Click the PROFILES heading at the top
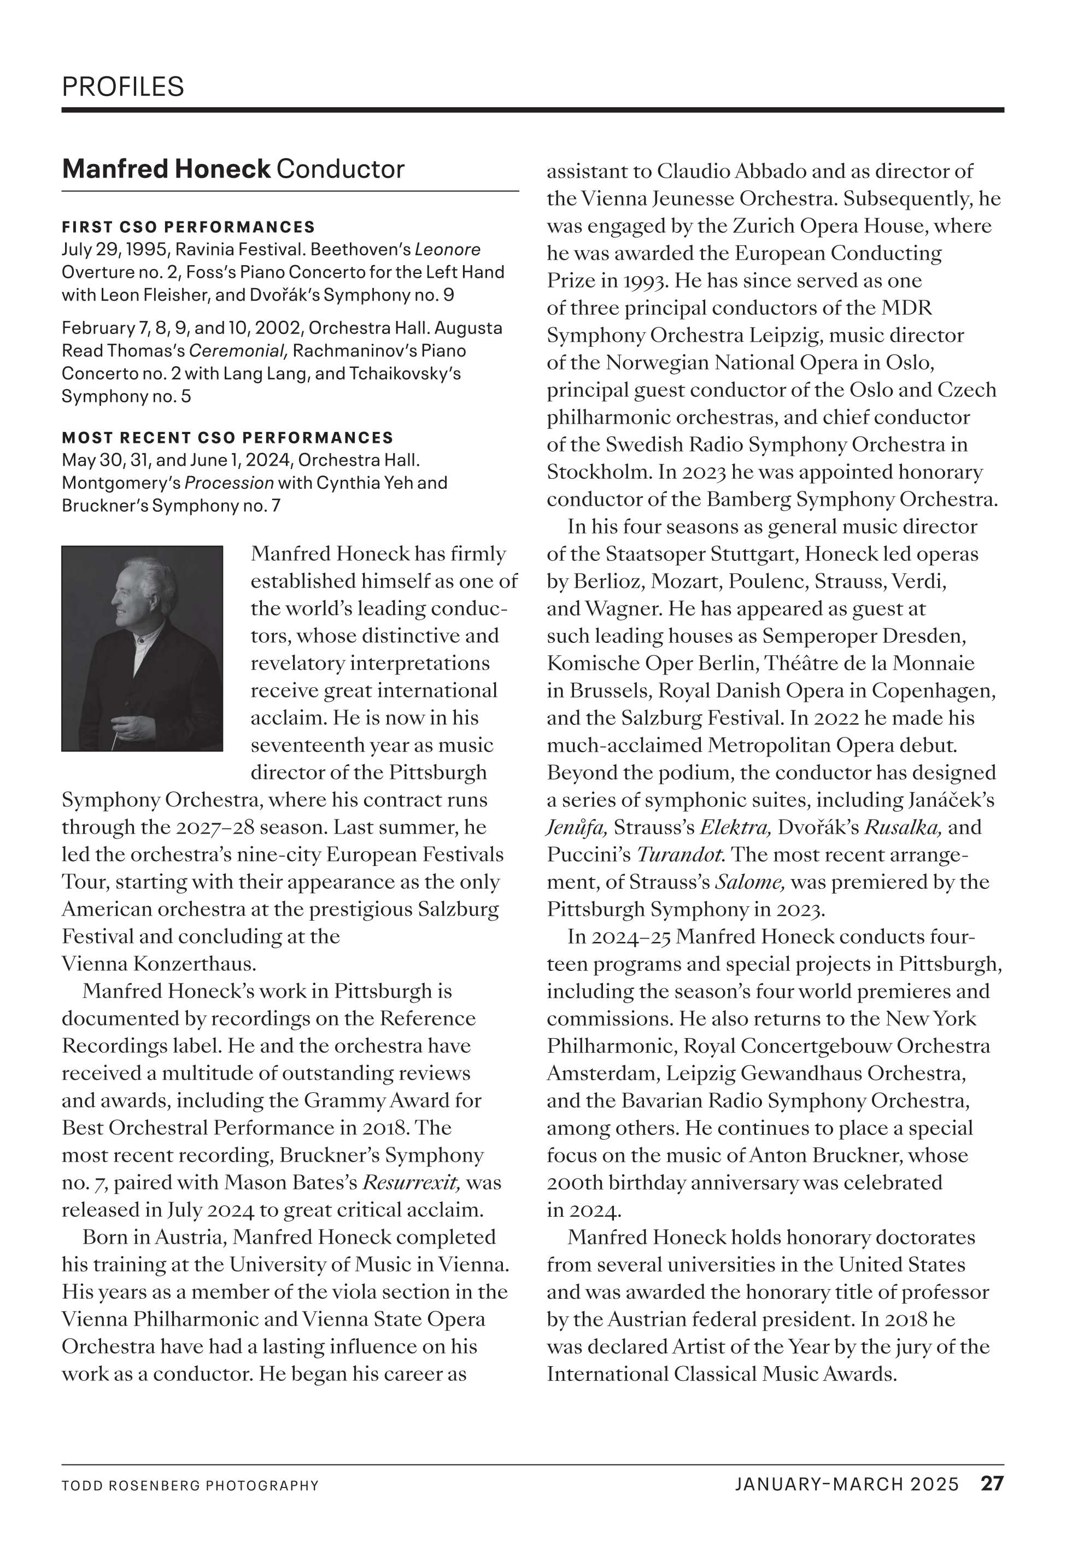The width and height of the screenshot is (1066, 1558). [122, 87]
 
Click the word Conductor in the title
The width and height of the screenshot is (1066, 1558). [340, 169]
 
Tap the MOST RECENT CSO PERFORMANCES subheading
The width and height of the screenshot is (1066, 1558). [227, 438]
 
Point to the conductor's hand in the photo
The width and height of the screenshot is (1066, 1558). [124, 726]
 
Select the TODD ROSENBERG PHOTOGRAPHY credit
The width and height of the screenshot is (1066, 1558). [190, 1486]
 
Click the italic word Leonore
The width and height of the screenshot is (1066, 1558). [447, 250]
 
